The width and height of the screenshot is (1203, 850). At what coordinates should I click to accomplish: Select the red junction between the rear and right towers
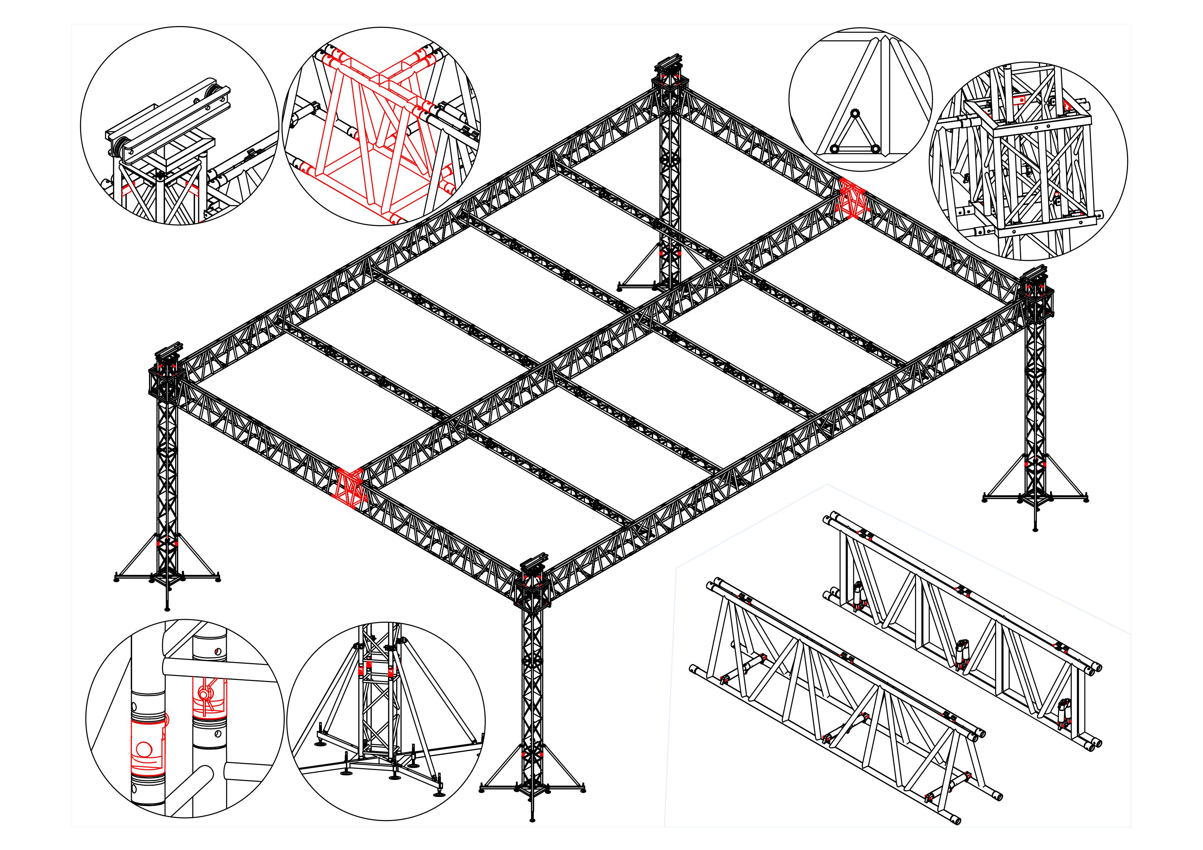851,197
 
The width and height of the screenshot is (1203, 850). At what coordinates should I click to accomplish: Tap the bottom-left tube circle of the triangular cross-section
834,149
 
